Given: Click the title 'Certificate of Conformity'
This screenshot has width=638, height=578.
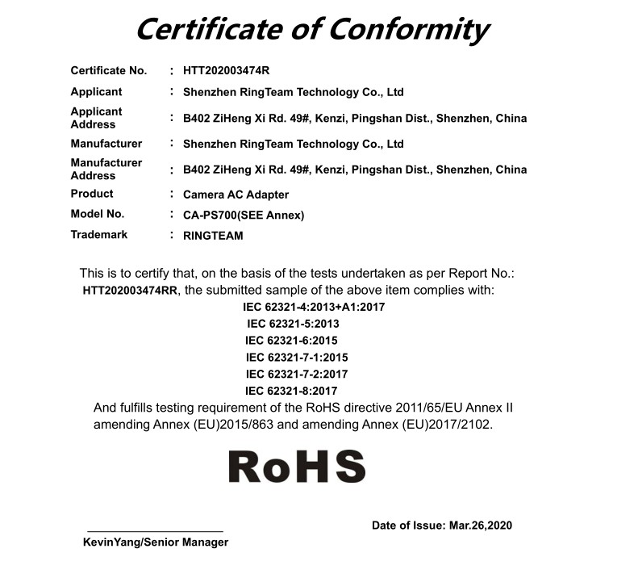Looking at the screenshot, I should (311, 30).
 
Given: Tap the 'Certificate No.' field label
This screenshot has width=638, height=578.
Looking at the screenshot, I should (109, 71).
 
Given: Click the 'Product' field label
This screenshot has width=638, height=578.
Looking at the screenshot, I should (92, 194).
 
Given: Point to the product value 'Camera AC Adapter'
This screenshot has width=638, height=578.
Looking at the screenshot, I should (236, 195).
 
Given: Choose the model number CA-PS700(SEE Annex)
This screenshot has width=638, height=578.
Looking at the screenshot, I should (244, 215).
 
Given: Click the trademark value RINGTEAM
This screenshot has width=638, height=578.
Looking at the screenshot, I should (213, 236).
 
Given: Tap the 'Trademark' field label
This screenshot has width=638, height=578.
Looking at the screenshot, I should (99, 235).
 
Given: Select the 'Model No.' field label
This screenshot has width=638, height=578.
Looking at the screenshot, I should (98, 214).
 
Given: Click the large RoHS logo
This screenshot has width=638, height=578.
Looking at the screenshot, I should (297, 467).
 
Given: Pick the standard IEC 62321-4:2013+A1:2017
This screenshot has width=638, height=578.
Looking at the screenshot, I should (314, 307).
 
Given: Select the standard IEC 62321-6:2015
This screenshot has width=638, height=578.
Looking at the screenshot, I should (291, 341).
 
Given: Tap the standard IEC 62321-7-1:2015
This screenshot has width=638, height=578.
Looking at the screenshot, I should (297, 357).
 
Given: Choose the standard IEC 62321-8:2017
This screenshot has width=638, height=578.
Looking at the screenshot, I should (291, 391).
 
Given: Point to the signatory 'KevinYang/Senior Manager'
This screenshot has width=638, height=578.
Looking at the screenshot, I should (156, 542).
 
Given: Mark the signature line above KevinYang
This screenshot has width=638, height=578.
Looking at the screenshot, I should (155, 531).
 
